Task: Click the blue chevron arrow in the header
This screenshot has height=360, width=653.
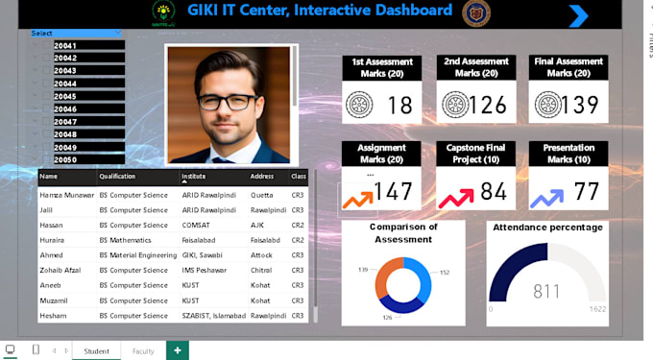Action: pyautogui.click(x=578, y=15)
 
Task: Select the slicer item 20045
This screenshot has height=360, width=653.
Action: pyautogui.click(x=65, y=96)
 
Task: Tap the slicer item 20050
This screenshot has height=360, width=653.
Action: pyautogui.click(x=65, y=159)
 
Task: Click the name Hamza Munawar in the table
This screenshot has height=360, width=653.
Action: pyautogui.click(x=66, y=195)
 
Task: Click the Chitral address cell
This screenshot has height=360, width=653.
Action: pyautogui.click(x=262, y=270)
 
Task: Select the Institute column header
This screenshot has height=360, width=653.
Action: pyautogui.click(x=195, y=177)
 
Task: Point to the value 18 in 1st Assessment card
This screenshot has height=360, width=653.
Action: pyautogui.click(x=399, y=105)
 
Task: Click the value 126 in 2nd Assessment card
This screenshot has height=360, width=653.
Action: pyautogui.click(x=488, y=105)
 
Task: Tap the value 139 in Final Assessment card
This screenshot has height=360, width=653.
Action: pyautogui.click(x=580, y=105)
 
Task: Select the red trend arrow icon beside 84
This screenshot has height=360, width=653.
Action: pyautogui.click(x=455, y=197)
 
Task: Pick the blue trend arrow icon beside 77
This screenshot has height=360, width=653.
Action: pyautogui.click(x=546, y=197)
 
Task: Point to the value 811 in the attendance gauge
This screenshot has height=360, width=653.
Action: pyautogui.click(x=547, y=290)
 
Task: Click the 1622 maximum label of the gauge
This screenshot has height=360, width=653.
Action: pyautogui.click(x=596, y=309)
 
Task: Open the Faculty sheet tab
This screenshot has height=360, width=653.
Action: pyautogui.click(x=143, y=351)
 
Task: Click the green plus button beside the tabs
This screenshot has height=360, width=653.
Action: pyautogui.click(x=177, y=350)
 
